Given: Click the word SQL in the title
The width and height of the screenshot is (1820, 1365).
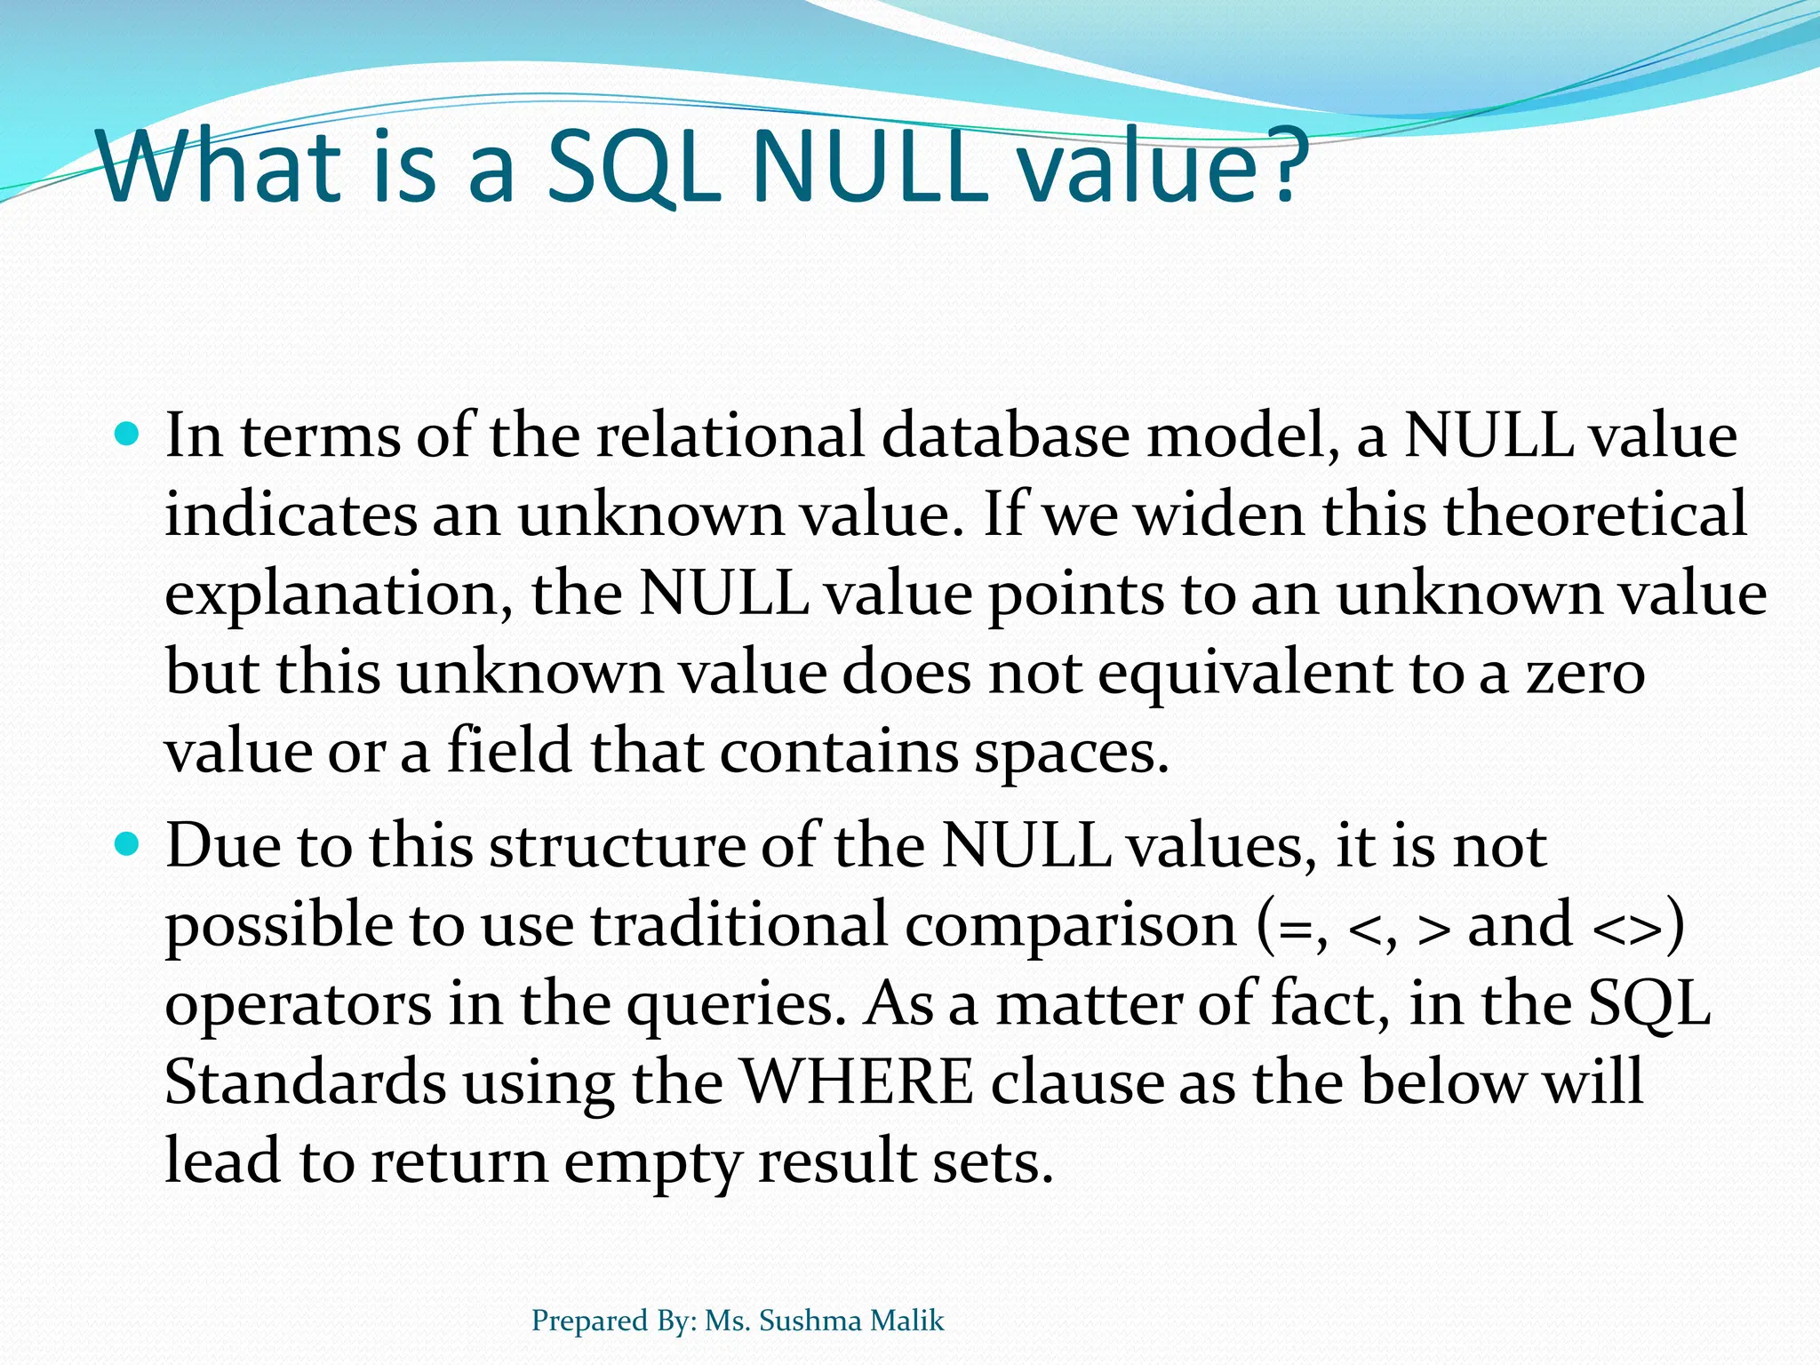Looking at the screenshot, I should [x=633, y=166].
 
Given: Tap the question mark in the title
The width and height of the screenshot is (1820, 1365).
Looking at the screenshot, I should [x=1279, y=166].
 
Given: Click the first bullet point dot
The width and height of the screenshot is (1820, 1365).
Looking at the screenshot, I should [x=128, y=435].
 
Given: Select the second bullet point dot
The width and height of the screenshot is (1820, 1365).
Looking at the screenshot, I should [x=128, y=844].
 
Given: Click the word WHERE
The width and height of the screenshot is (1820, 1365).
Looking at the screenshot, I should [x=857, y=1082].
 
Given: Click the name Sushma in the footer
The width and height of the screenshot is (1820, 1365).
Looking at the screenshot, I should [x=810, y=1321].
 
